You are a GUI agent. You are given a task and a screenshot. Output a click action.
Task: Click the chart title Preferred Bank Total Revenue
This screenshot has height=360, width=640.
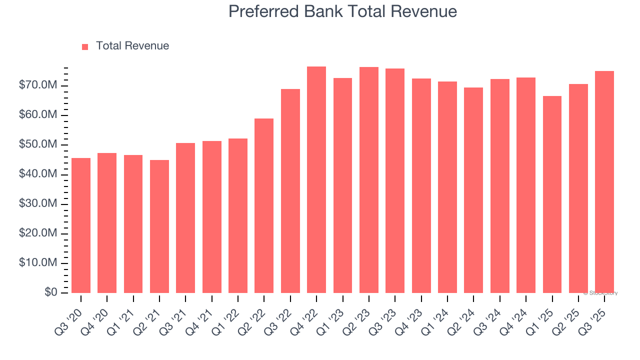[x=342, y=11]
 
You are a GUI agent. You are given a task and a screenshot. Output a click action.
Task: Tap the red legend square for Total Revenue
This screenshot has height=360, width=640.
[x=85, y=46]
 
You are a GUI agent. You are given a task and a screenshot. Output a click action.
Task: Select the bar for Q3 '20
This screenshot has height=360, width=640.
[x=81, y=225]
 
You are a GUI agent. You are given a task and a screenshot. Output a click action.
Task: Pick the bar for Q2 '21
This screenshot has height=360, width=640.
[x=159, y=226]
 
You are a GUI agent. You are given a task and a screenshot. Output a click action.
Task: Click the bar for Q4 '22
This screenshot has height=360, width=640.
[x=316, y=179]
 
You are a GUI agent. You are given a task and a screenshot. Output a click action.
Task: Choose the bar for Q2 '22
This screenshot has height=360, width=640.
[x=264, y=205]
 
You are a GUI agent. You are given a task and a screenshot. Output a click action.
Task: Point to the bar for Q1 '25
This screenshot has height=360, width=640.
[x=552, y=194]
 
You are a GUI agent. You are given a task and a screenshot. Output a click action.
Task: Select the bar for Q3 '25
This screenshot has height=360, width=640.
[x=604, y=182]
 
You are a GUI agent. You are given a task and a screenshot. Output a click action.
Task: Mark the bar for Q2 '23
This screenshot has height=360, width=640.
[x=369, y=180]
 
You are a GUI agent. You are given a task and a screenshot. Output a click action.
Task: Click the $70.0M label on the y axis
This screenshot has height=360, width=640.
[x=38, y=85]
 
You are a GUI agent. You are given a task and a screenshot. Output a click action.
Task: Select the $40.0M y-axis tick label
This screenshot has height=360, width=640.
[x=38, y=174]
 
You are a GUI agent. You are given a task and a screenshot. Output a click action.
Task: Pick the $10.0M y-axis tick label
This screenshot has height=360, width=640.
[x=38, y=263]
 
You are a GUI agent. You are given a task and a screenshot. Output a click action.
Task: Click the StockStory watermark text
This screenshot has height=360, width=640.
[x=600, y=293]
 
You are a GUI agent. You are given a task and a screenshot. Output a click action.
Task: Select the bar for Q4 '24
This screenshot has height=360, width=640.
[x=526, y=185]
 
